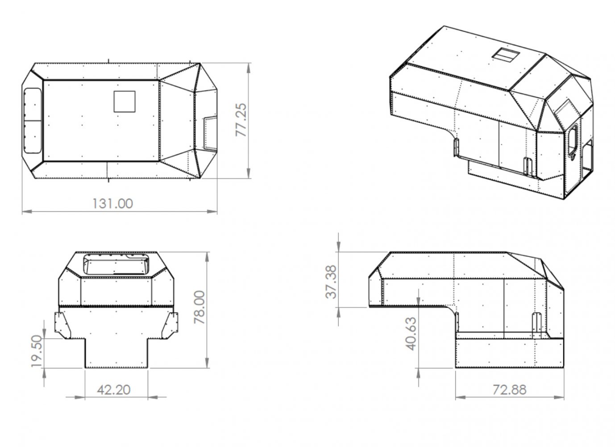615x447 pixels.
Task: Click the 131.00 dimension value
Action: click(112, 203)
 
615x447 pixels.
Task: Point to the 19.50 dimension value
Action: click(37, 351)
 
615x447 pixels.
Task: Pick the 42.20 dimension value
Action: click(114, 390)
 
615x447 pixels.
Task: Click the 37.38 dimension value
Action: click(332, 281)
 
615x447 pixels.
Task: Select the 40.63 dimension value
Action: click(411, 333)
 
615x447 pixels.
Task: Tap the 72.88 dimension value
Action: click(509, 390)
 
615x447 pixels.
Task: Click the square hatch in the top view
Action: click(125, 101)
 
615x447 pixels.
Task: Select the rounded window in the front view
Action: click(116, 264)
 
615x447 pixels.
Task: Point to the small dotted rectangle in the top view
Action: click(210, 133)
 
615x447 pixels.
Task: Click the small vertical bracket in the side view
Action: click(537, 322)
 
